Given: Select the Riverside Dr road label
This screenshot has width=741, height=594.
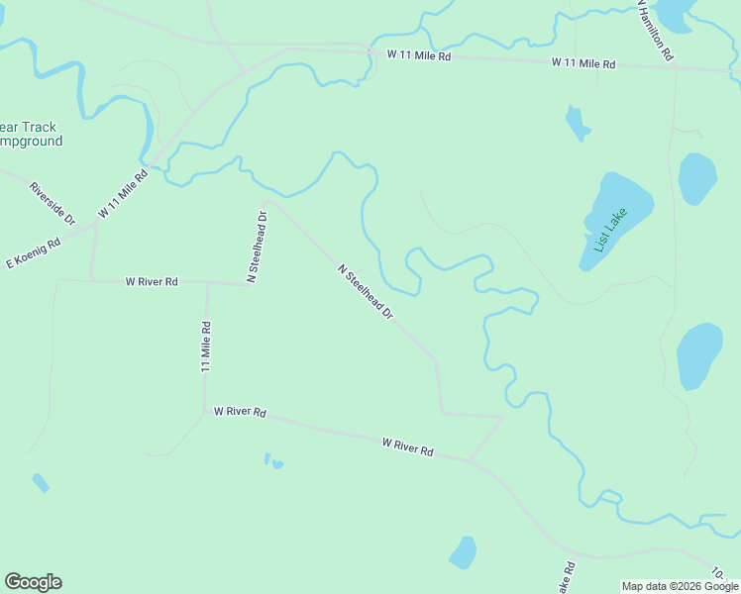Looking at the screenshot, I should click(x=53, y=202).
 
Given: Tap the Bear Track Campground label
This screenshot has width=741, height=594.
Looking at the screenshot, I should click(x=30, y=134).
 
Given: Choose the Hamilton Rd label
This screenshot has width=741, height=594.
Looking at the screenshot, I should click(x=656, y=30).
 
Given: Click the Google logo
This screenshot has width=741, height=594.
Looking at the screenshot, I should click(x=33, y=582).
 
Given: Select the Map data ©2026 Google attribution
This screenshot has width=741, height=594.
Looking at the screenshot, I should click(x=679, y=586).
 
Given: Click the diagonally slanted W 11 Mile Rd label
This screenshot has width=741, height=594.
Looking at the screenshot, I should click(x=123, y=194).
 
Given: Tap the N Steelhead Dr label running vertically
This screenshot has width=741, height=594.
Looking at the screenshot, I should click(x=257, y=247).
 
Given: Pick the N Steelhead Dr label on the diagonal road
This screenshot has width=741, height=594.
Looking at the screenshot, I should click(x=366, y=291).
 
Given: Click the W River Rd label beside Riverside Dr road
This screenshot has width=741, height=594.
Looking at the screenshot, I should click(x=152, y=282).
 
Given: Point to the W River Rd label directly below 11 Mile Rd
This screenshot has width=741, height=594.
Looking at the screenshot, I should click(x=240, y=411).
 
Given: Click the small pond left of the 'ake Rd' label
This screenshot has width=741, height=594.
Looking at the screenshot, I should click(x=463, y=551).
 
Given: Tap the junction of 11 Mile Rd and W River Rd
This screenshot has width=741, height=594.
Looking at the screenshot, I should click(x=206, y=282).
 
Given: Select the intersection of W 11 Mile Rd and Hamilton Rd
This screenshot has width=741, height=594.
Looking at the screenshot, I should click(x=676, y=67).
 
